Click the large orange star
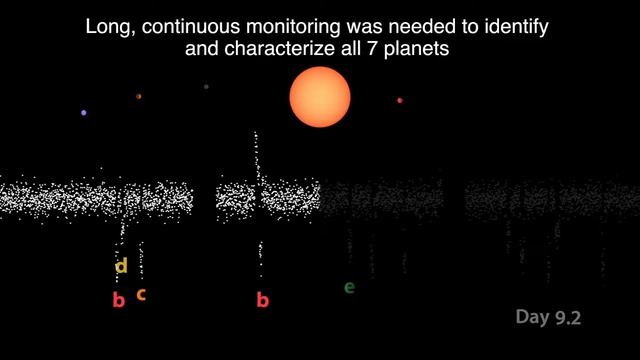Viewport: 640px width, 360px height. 320,98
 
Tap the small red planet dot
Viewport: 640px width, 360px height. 400,100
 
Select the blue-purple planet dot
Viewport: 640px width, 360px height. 84,113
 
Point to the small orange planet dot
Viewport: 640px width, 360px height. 139,96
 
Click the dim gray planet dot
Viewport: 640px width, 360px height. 206,87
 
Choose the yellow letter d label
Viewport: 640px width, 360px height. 122,266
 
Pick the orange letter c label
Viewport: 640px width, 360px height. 141,294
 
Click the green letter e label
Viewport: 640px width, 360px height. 349,288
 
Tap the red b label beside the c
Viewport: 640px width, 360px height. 118,299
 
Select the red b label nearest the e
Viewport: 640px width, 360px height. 263,299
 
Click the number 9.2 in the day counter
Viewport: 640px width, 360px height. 566,318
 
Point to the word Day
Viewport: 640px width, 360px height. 531,318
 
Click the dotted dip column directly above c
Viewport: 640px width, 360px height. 141,260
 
